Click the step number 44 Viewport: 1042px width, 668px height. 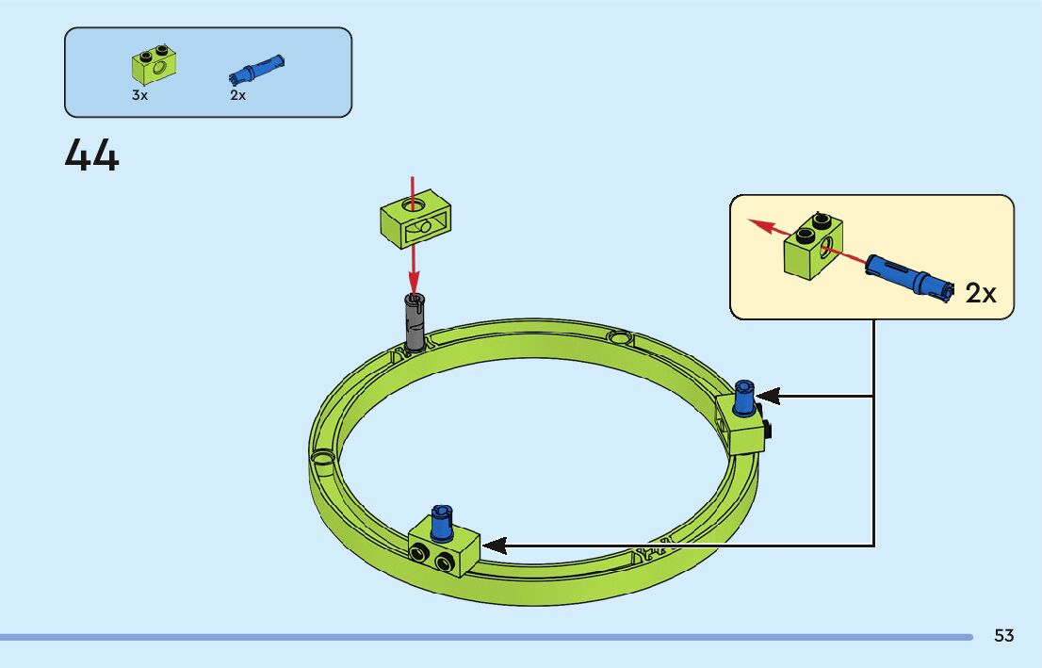coord(92,155)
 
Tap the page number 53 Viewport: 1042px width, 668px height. coord(1003,636)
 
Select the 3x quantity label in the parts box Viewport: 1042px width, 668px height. coord(139,96)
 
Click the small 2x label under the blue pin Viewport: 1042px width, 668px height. coord(237,96)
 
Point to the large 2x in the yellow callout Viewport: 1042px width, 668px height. coord(981,293)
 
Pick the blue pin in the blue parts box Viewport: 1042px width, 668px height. coord(256,70)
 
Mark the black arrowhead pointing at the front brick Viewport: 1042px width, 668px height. coord(494,546)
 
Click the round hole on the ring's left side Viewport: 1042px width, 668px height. coord(323,459)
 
